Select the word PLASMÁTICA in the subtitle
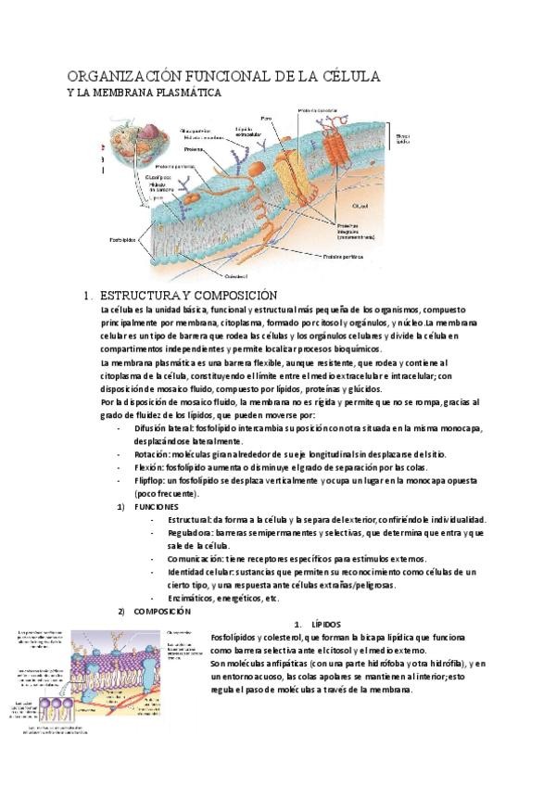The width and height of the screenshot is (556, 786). [x=184, y=93]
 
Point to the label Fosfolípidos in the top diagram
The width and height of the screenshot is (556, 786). [x=121, y=238]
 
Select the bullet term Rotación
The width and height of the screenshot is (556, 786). [x=152, y=455]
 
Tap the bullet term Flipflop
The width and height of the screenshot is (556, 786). [x=151, y=481]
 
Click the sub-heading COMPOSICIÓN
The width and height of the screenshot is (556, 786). [x=162, y=612]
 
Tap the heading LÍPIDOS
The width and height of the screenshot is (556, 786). [x=324, y=625]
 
